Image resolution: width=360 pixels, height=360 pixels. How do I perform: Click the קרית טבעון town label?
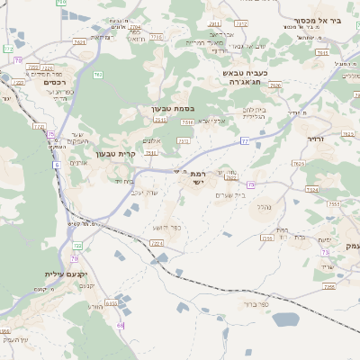(x=115, y=154)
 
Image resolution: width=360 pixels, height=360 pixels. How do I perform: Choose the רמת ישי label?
(x=199, y=177)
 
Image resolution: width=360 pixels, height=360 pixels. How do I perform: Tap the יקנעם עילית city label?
(x=68, y=273)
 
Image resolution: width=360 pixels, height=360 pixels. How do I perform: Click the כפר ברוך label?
(x=257, y=304)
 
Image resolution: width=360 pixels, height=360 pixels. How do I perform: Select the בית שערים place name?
(x=231, y=194)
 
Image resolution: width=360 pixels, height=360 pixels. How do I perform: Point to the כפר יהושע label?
(x=167, y=226)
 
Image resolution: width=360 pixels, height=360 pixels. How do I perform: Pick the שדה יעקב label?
(x=144, y=191)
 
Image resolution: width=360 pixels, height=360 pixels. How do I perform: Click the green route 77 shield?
(x=244, y=141)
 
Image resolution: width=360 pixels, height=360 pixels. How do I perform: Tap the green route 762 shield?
(x=98, y=75)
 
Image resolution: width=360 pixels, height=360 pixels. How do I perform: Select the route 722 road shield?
(x=78, y=245)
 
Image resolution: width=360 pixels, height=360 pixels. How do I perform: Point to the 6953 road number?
(x=112, y=303)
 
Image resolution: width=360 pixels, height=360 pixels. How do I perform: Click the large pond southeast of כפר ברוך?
(x=285, y=319)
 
